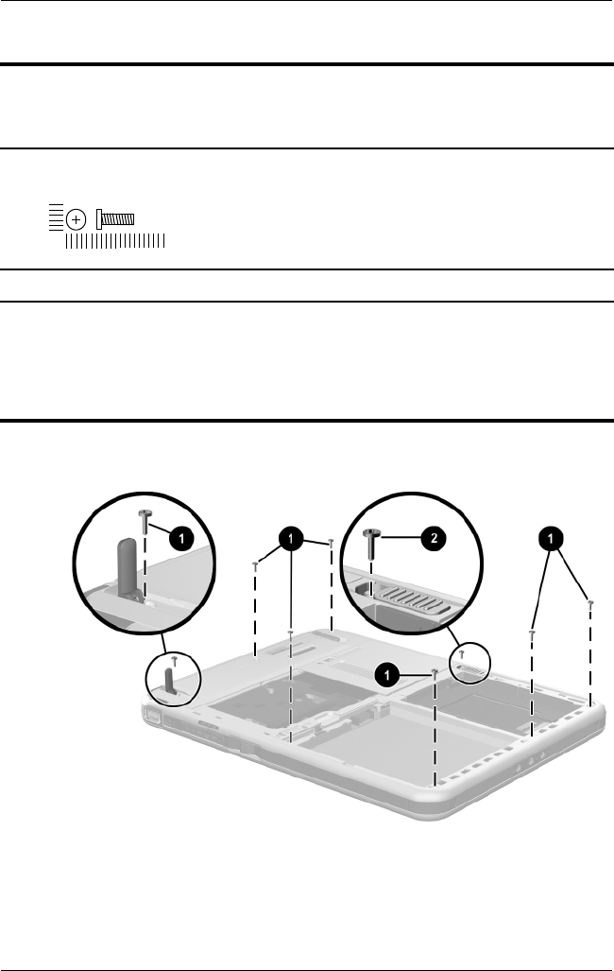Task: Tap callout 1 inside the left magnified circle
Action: pos(181,538)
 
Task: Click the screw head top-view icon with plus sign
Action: pos(76,218)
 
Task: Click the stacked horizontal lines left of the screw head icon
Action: pos(57,218)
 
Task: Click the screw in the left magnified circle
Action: pos(145,518)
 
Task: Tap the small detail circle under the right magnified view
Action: pos(467,662)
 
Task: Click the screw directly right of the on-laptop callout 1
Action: pos(434,672)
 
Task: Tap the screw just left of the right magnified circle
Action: pos(331,542)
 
